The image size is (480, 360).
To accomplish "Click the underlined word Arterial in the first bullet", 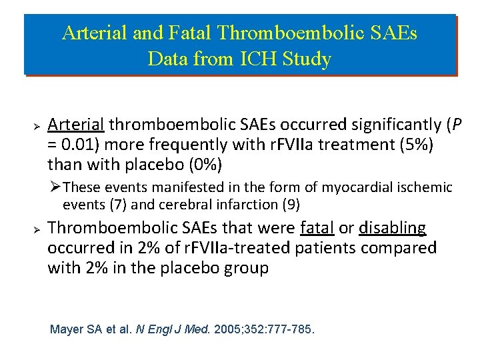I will (76, 125).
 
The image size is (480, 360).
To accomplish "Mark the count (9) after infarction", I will (290, 204).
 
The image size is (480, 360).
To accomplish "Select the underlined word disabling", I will (392, 228).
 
